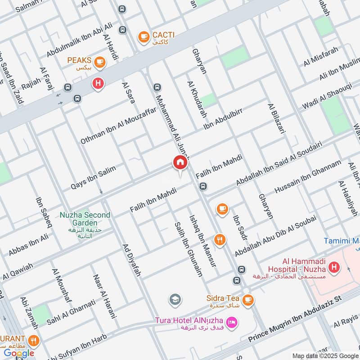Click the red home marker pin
point(180,163)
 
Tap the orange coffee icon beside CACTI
point(144,36)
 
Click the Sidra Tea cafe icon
point(247,299)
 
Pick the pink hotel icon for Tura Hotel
point(232,323)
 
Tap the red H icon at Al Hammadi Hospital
point(334,269)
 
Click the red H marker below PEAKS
point(98,83)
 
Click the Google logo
point(19,353)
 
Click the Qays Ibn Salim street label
point(94,177)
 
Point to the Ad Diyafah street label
point(132,260)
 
